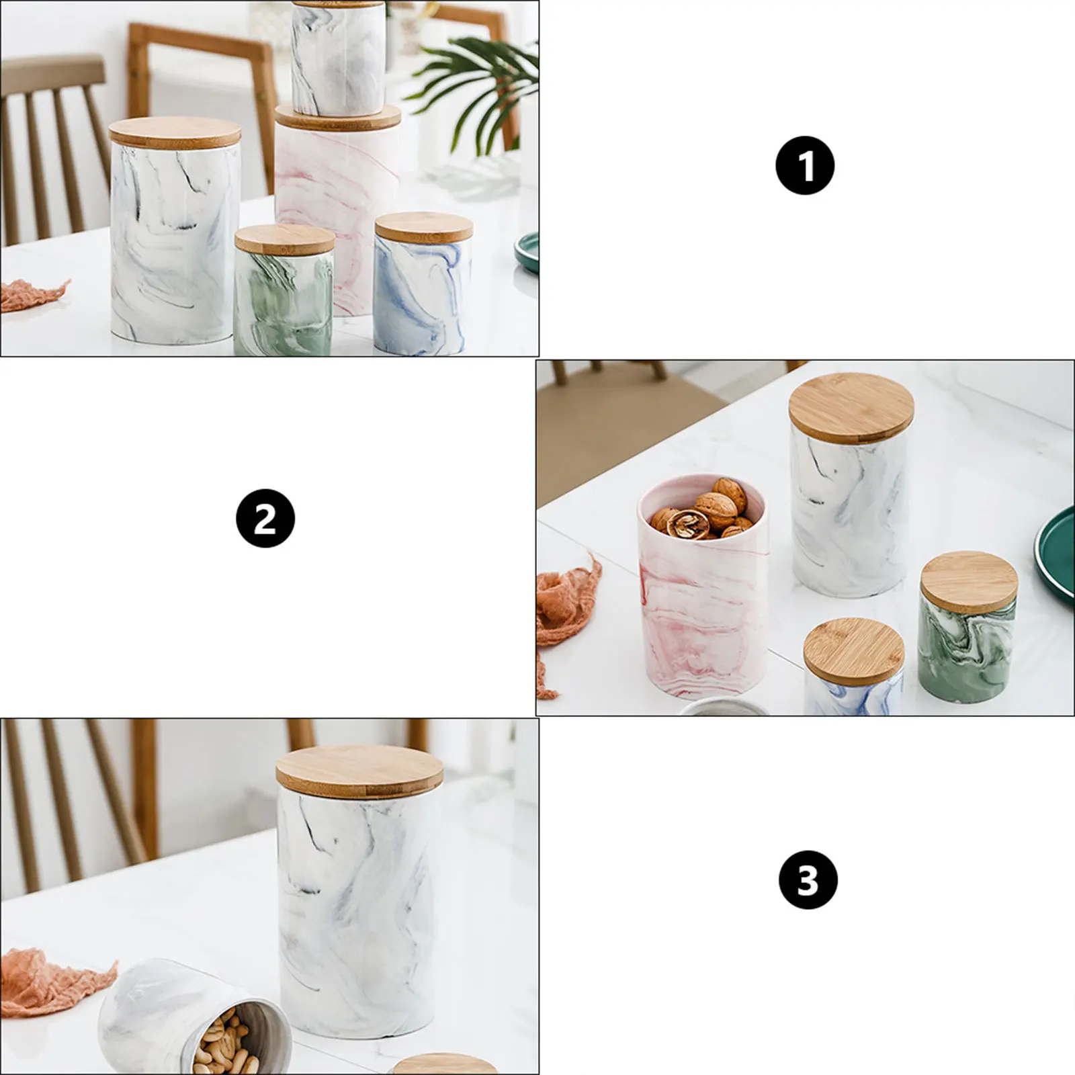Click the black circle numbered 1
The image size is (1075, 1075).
pos(804,165)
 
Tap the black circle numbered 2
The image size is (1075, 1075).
pos(265,519)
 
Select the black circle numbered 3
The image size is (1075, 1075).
pos(808,879)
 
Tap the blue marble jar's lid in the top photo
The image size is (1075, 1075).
pos(424,227)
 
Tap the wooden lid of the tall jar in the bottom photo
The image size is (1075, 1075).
pos(359,767)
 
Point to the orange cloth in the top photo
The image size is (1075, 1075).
pos(30,296)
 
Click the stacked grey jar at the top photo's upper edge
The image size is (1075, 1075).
pos(338,57)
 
